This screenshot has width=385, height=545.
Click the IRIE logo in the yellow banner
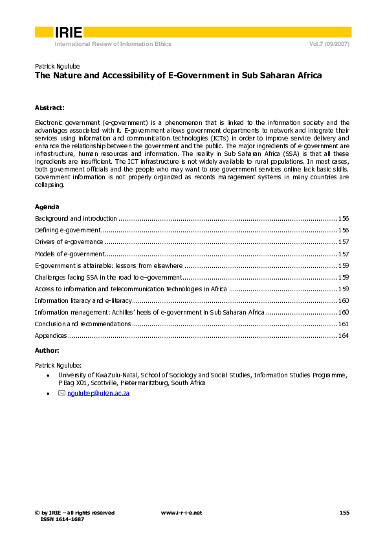click(x=68, y=32)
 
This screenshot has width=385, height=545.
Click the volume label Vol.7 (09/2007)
click(x=330, y=44)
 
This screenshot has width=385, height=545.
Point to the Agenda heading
click(x=47, y=207)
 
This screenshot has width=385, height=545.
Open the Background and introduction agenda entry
click(x=76, y=219)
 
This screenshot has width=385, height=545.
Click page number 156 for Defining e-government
click(x=344, y=230)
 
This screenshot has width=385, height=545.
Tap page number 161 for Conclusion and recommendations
click(x=344, y=324)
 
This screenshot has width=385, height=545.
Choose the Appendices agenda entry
click(x=50, y=336)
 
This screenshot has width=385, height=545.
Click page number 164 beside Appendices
click(x=344, y=336)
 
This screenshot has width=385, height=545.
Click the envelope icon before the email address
click(x=62, y=393)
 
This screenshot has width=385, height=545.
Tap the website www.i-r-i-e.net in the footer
click(x=181, y=513)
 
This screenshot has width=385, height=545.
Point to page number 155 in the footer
click(x=344, y=513)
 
